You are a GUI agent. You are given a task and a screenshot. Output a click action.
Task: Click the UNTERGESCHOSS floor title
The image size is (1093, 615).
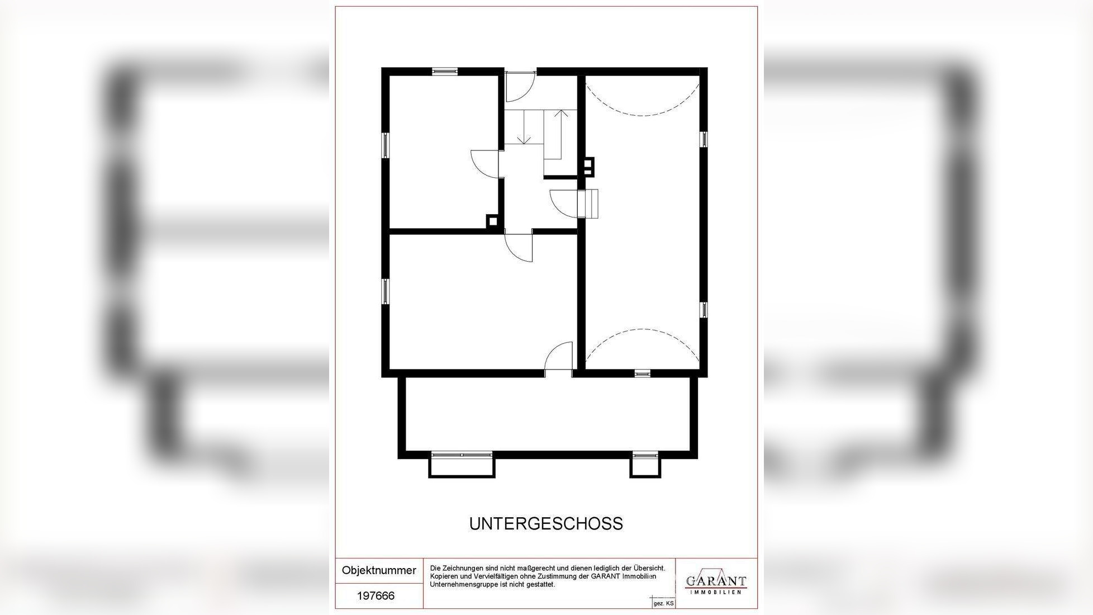coord(546,524)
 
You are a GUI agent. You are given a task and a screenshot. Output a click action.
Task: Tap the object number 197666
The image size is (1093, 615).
coord(376,596)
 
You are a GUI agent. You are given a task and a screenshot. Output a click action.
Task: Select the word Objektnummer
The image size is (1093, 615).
coord(379,571)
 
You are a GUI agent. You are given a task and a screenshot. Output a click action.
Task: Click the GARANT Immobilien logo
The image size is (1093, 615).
coord(716,583)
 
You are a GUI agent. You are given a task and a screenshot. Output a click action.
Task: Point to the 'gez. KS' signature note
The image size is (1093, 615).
coord(663,604)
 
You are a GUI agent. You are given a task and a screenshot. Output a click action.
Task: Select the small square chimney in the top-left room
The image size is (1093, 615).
coord(492,221)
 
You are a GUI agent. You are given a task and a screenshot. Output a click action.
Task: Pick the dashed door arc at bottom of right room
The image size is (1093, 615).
coord(642,342)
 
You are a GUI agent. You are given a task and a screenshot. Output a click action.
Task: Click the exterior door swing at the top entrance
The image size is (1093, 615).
coord(519,87)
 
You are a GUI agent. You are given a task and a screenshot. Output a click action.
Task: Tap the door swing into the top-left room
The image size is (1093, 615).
coord(484,164)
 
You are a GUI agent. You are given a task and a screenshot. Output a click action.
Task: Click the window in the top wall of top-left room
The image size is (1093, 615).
coord(445,71)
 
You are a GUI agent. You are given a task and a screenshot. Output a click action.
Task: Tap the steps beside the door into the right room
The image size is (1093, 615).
coord(591,204)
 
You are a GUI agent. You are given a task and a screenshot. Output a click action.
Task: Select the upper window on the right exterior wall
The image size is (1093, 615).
coord(704,139)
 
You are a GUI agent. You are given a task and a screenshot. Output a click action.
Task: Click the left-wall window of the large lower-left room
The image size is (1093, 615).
coord(386,291)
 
